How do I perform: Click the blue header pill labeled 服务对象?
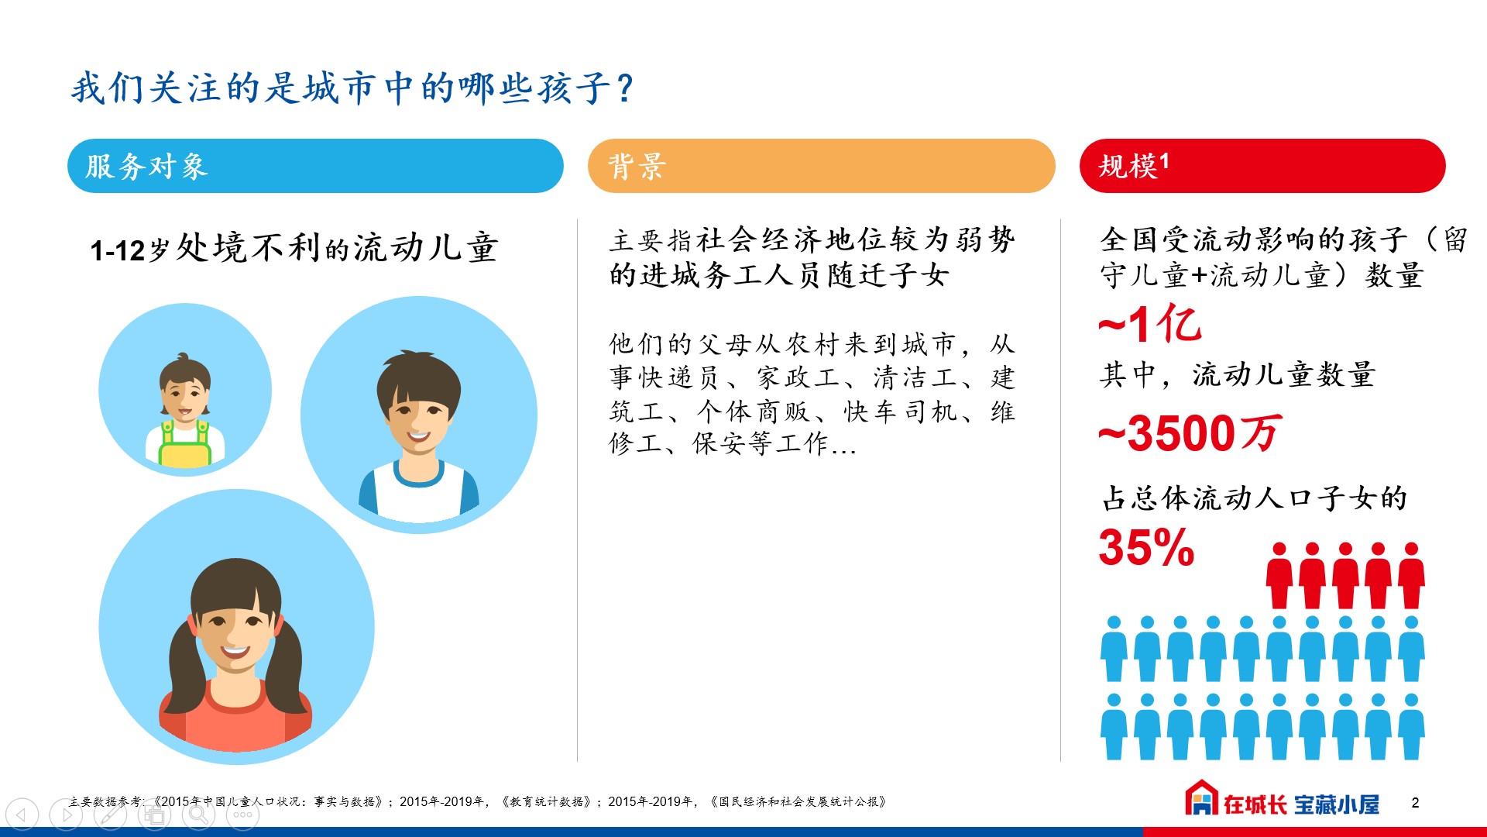pos(315,166)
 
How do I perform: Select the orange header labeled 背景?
pos(821,166)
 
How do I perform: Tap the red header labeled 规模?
pos(1262,166)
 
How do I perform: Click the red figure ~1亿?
pos(1150,323)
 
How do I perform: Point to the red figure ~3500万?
pos(1190,432)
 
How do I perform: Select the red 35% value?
pos(1146,547)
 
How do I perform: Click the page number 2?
pos(1415,803)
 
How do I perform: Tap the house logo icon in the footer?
pos(1201,797)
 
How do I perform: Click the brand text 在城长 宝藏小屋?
pos(1301,804)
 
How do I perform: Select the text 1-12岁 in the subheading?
pos(129,250)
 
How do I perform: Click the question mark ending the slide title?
pos(626,88)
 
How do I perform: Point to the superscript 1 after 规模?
pos(1164,160)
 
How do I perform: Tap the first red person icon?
pos(1279,575)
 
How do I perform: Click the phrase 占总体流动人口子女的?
pos(1255,498)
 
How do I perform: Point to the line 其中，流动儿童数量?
pos(1238,375)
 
